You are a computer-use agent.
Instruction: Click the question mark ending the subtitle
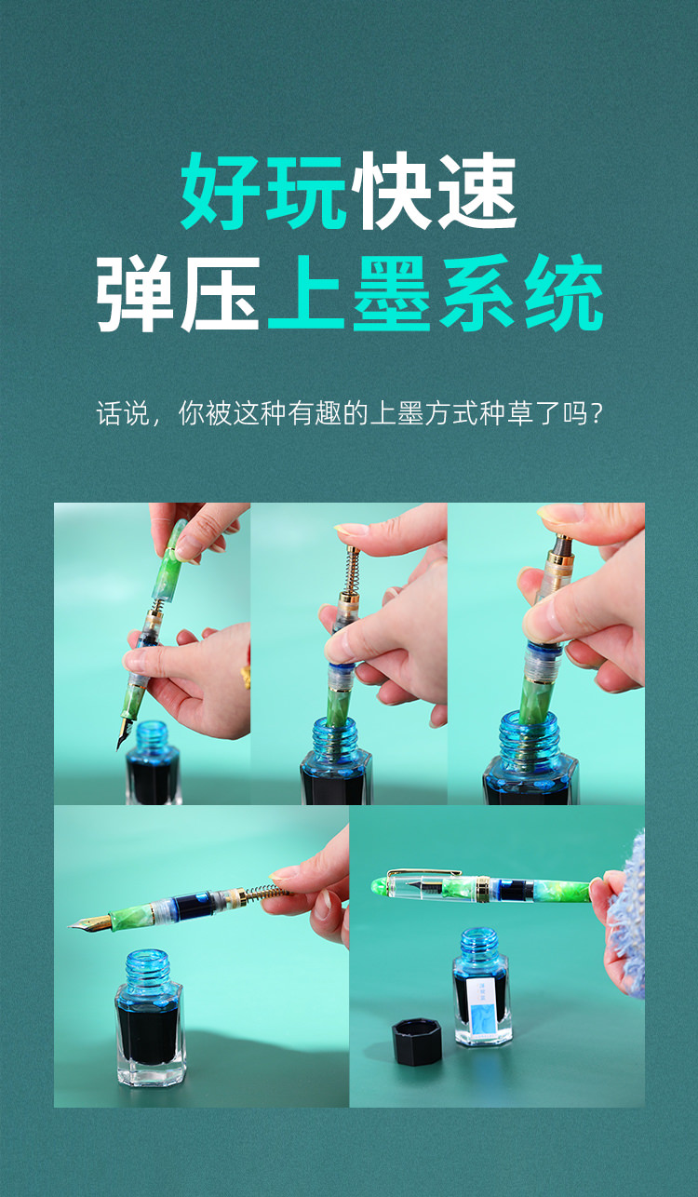(597, 412)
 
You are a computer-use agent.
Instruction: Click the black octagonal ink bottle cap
(417, 1042)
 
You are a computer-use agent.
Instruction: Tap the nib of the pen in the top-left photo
(125, 732)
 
